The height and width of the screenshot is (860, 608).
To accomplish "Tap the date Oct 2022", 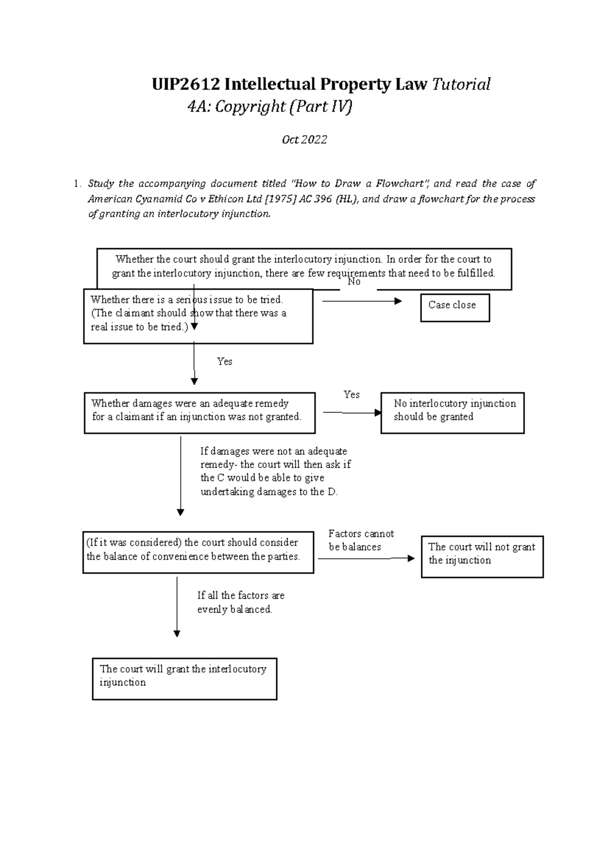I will point(304,140).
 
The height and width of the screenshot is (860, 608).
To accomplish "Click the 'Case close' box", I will point(454,307).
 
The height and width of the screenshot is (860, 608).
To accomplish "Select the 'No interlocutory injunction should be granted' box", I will point(452,413).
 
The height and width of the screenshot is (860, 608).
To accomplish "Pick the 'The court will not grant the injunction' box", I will point(482,557).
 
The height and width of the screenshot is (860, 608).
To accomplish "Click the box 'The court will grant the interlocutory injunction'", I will point(184,679).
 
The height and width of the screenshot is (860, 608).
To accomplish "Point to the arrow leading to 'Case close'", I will point(362,301).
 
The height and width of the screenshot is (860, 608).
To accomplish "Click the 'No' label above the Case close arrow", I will point(354,282).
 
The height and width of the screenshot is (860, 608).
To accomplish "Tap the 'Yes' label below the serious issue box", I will point(224,361).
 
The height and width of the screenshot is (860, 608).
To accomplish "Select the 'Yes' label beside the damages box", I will point(351,395).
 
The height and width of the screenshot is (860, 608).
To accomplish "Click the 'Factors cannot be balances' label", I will point(361,540).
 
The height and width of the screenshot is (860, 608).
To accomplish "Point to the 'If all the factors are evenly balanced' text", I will point(241,602).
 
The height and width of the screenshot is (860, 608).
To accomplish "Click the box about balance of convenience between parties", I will point(198,552).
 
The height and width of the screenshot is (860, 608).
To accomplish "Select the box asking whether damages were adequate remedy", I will point(200,413).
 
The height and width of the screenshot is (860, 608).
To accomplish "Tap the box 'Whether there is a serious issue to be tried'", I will point(198,317).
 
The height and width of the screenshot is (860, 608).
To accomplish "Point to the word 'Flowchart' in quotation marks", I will point(402,184).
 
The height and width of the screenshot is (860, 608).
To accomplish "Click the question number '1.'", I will point(77,184).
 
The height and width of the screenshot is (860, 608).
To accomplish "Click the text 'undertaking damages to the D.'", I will point(269,492).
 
